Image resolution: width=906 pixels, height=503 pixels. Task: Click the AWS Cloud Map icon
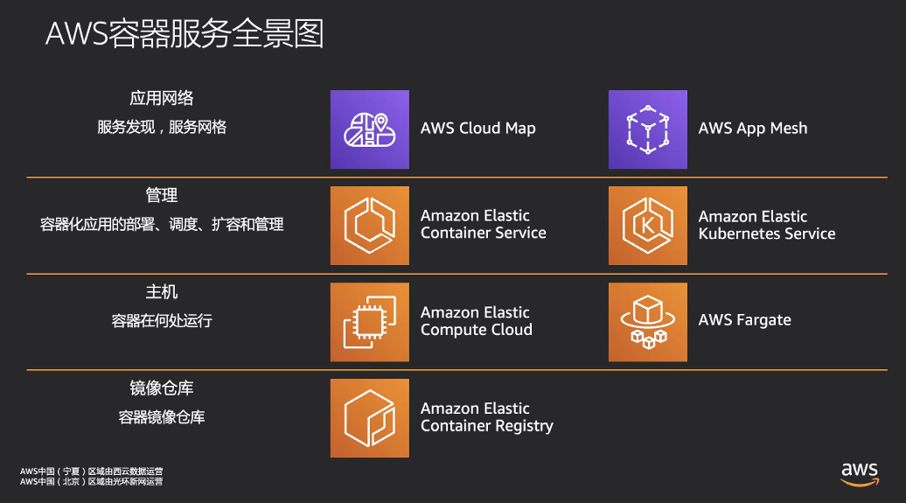[x=370, y=129]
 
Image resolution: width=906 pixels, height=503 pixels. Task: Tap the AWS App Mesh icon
[x=648, y=129]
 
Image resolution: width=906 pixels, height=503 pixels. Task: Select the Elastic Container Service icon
[x=370, y=226]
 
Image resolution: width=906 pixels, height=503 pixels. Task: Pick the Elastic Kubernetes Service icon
[x=648, y=226]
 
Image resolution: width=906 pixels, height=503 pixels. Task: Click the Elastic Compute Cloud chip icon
[x=370, y=322]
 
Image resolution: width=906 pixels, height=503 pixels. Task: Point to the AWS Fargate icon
[x=648, y=322]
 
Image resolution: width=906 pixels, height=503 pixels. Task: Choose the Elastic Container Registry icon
[x=370, y=418]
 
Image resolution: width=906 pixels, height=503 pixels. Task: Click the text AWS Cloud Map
[x=477, y=129]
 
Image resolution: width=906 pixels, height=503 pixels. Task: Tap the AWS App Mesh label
[x=752, y=129]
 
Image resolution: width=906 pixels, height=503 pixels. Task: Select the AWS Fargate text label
[x=744, y=320]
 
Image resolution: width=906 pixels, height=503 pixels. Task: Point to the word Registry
[x=524, y=426]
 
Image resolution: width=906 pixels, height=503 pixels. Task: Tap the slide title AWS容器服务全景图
[x=185, y=33]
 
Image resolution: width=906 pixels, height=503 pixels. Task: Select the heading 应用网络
[x=161, y=98]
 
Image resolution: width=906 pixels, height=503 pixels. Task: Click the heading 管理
[x=161, y=195]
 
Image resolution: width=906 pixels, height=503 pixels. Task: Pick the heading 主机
[x=161, y=292]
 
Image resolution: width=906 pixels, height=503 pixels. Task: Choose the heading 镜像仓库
[x=161, y=388]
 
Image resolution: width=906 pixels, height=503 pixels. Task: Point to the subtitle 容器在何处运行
[x=162, y=321]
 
